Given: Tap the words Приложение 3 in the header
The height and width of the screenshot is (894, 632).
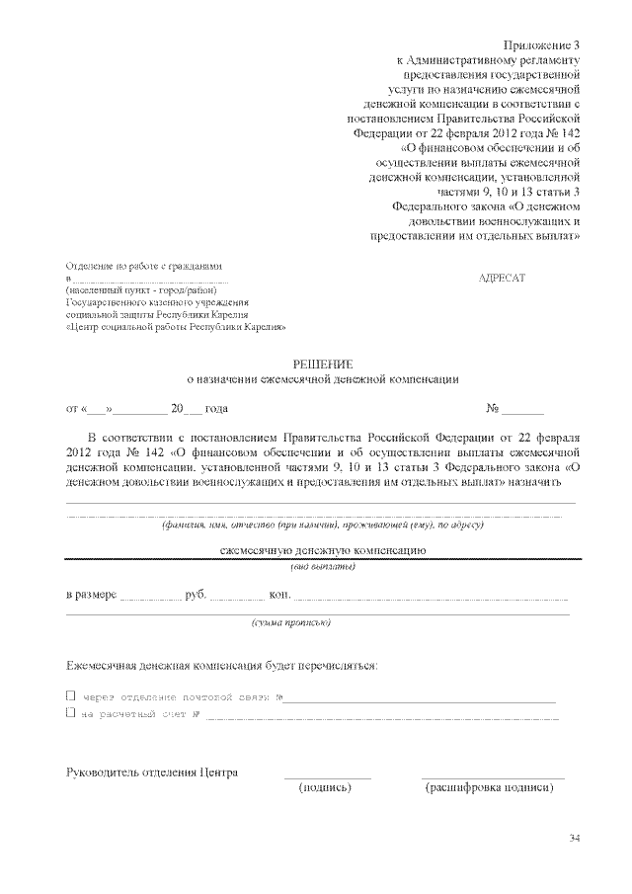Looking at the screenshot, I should (x=544, y=45).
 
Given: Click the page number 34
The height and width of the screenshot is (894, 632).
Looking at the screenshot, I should (x=575, y=839).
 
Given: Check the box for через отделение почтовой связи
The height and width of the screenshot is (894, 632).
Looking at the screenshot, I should (x=70, y=695).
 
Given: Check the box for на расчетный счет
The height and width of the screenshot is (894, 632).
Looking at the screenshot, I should (x=70, y=711).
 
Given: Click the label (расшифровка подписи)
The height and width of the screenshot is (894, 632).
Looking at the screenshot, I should (x=489, y=788).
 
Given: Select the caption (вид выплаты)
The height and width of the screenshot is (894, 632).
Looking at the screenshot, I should (x=322, y=566).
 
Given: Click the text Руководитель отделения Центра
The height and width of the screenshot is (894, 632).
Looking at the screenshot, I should (x=151, y=772).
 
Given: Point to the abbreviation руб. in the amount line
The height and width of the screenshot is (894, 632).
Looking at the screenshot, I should (x=195, y=598).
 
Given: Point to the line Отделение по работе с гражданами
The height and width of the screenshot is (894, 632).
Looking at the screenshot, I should (x=144, y=267).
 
